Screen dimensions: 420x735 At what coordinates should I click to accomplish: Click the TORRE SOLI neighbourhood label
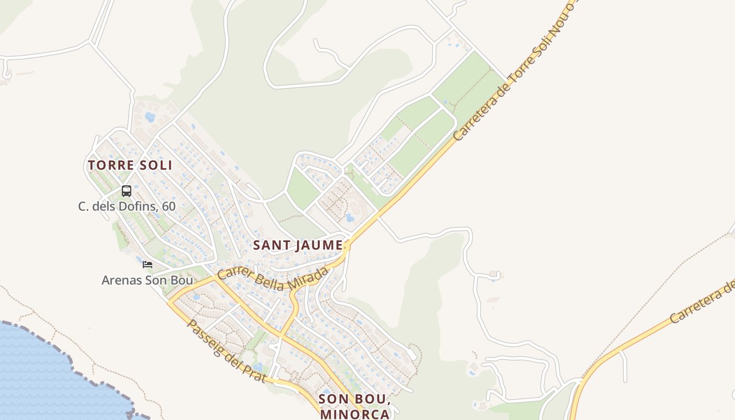click(x=130, y=165)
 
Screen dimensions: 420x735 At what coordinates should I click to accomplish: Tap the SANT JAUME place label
click(x=298, y=245)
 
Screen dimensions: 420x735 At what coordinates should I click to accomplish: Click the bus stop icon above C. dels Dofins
click(x=127, y=191)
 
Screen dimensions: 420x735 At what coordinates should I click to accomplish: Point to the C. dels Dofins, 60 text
click(x=127, y=206)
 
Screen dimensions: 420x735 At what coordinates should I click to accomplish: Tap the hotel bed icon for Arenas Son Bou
click(x=148, y=265)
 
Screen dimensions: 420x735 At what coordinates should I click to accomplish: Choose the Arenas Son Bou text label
click(x=147, y=280)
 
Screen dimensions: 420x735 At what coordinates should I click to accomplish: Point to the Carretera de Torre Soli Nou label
click(x=514, y=73)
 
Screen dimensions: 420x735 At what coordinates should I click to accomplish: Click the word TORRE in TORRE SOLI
click(x=108, y=165)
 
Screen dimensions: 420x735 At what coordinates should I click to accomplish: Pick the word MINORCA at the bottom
click(x=355, y=414)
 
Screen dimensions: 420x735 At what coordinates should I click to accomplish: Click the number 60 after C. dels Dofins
click(x=169, y=206)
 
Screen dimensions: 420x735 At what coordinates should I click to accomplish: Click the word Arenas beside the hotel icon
click(x=121, y=280)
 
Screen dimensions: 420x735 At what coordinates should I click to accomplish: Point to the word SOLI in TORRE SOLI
click(x=156, y=165)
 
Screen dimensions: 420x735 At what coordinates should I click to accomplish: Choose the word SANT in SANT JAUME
click(x=270, y=245)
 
